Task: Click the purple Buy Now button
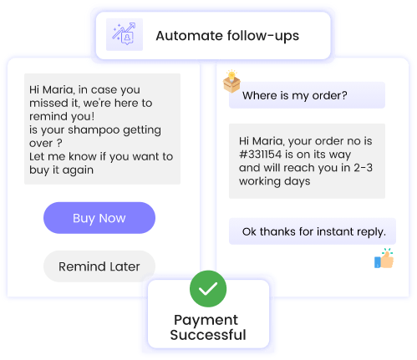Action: pos(99,218)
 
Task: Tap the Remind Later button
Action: pos(99,266)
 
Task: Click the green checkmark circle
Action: pos(208,289)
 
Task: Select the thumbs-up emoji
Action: pos(384,258)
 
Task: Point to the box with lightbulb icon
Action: pos(231,81)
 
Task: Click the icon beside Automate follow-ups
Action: pos(125,34)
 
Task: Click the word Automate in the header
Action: pos(189,36)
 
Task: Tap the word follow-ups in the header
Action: pos(263,36)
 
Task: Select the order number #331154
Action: pos(261,155)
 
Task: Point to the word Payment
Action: pos(206,321)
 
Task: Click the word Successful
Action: pos(208,335)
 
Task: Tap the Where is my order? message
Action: pos(307,95)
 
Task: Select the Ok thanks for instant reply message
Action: pos(313,231)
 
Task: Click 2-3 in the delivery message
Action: pos(364,168)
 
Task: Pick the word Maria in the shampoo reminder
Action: pos(58,90)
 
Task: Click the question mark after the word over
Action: pos(59,143)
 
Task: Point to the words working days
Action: pos(275,181)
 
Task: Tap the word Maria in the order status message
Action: pos(268,141)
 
